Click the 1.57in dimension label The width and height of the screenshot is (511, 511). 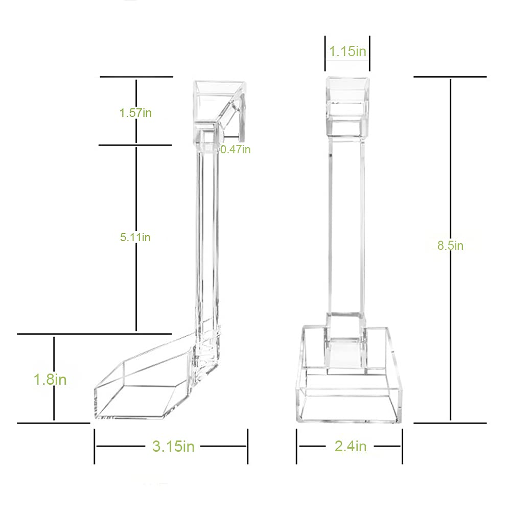(135, 113)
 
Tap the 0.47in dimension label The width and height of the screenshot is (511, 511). (236, 149)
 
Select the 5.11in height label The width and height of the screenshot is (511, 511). (135, 237)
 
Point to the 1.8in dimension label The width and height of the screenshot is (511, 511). (50, 380)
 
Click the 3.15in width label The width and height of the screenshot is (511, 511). (173, 446)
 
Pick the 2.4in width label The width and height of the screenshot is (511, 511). (351, 446)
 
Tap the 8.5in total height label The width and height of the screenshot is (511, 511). (450, 246)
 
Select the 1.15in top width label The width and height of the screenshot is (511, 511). (347, 52)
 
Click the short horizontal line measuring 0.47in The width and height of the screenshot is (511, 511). (231, 136)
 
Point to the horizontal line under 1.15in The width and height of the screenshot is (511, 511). (347, 60)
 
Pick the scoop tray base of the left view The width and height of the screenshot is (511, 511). (138, 393)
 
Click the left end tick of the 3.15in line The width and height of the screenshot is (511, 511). (95, 446)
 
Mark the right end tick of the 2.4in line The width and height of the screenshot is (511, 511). (403, 446)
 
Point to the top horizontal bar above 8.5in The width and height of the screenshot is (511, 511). (450, 77)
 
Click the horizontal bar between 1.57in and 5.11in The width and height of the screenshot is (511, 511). (135, 145)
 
